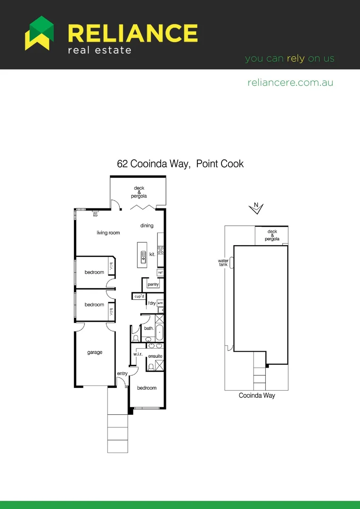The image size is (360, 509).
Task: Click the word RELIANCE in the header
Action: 133,33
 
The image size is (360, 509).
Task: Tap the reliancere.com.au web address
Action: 290,82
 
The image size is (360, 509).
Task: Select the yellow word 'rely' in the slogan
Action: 295,59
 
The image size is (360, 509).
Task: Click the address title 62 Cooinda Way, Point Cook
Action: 180,164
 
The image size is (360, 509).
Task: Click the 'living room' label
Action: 108,233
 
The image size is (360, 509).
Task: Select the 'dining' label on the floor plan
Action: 147,226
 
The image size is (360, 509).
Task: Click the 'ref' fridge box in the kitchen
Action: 160,272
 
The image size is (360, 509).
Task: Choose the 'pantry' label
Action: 153,285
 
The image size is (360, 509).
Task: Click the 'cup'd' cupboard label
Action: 139,296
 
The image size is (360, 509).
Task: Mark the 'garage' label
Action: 94,353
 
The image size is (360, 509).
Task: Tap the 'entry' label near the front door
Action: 122,374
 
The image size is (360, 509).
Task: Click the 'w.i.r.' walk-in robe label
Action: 138,354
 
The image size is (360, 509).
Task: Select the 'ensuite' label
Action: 155,356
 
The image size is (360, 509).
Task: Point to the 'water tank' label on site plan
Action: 223,263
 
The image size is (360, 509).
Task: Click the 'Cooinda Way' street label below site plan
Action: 257,396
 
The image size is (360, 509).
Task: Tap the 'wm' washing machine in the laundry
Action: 160,303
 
